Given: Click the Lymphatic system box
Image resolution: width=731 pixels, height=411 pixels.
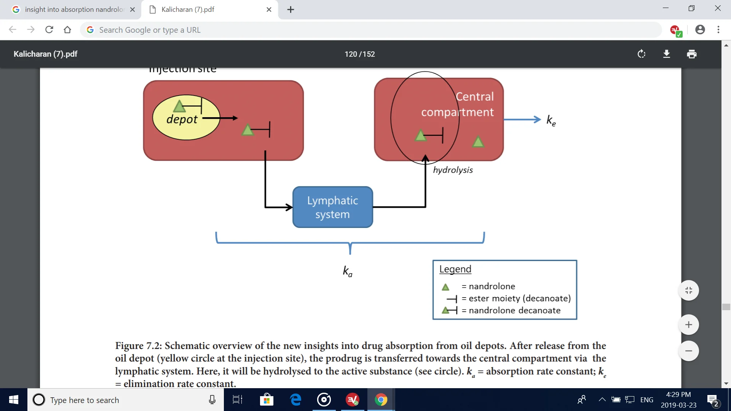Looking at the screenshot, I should (332, 207).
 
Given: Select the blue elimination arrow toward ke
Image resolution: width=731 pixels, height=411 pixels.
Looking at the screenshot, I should (522, 119).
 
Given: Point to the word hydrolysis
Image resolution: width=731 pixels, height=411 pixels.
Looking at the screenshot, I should (453, 170).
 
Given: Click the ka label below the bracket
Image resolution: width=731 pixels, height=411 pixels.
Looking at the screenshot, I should (347, 271).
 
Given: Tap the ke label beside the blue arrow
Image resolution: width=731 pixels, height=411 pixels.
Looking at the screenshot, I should (551, 120).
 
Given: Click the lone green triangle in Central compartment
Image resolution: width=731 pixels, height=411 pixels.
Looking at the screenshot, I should (478, 142).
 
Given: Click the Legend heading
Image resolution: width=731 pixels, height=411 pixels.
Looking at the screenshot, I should (455, 269).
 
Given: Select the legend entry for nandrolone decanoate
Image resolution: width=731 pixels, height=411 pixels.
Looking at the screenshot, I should (514, 311).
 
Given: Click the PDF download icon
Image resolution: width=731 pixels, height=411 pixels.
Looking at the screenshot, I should (666, 54).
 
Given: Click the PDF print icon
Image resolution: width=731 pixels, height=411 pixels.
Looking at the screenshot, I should (691, 54).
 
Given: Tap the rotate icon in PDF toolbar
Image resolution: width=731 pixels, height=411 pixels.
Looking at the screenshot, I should (641, 54).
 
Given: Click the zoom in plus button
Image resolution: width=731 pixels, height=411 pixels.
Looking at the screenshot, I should (688, 325).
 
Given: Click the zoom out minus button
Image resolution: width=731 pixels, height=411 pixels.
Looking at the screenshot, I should (688, 351).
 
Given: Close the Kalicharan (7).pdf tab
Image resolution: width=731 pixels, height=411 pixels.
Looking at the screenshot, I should (269, 10).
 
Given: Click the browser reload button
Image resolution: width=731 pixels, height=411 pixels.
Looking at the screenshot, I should (49, 30).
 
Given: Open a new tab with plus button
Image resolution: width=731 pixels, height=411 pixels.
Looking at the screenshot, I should (290, 10).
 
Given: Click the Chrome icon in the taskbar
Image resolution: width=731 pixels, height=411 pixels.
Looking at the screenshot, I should (381, 400).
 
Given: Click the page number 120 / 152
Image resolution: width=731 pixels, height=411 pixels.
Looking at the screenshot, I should (359, 54).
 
